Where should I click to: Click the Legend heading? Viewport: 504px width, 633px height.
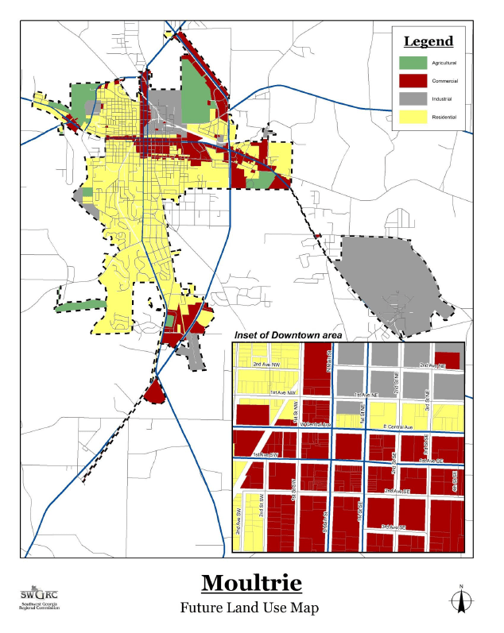428,42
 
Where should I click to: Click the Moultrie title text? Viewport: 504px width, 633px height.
251,583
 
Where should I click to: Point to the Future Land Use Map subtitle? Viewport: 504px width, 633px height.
251,608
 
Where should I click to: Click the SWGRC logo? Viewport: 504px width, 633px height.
39,600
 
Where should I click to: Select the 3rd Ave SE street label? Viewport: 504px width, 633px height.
393,527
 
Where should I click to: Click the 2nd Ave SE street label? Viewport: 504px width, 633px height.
398,492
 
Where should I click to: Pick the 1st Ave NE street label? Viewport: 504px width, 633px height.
370,394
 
